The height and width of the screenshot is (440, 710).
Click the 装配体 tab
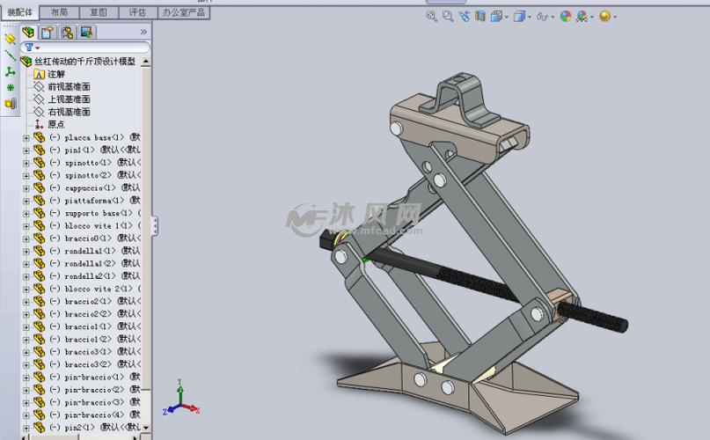click(x=19, y=12)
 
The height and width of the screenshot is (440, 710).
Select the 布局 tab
click(x=59, y=12)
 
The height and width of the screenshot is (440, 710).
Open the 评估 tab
click(x=137, y=12)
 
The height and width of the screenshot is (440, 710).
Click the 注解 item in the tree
click(x=55, y=75)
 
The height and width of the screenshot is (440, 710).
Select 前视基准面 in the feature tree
click(x=69, y=87)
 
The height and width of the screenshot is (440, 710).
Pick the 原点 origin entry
click(x=55, y=124)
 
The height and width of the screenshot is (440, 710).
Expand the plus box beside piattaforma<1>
click(x=26, y=201)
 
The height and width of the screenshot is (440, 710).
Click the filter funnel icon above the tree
click(x=29, y=48)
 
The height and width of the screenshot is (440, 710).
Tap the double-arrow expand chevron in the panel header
click(x=143, y=32)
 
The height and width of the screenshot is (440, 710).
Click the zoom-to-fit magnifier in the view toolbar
click(x=432, y=16)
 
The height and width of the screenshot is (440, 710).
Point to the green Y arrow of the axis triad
click(x=179, y=388)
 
